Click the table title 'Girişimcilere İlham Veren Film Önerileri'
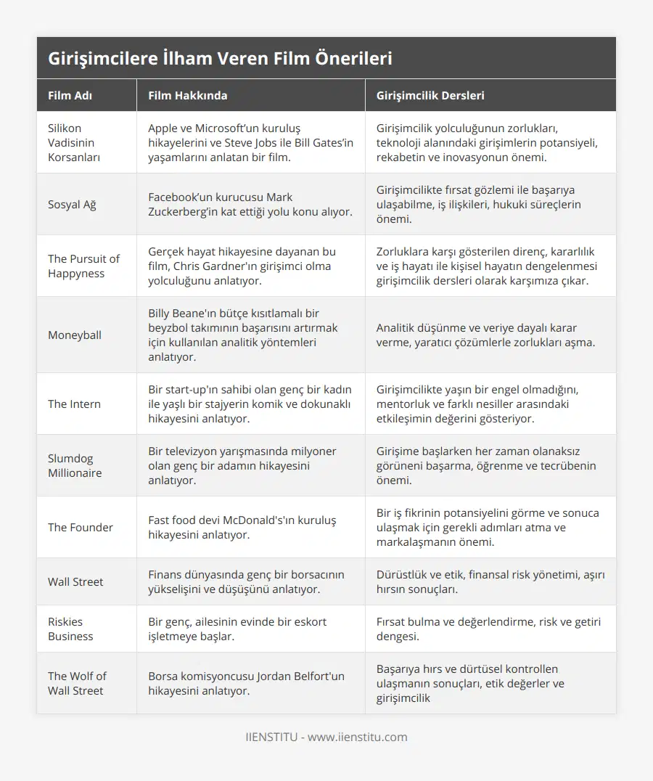[220, 59]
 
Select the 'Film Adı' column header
[70, 95]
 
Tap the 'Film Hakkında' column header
[187, 95]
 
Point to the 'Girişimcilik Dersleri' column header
[430, 95]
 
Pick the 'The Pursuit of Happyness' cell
[83, 266]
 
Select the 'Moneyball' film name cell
[75, 335]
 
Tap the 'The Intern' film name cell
[74, 404]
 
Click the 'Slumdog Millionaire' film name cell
[75, 465]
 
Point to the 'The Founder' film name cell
[80, 527]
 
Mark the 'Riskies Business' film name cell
[70, 629]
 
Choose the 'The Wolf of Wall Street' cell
[77, 683]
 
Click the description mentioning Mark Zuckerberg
[250, 204]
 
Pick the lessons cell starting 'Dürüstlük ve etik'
[490, 581]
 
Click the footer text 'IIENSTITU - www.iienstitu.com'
[326, 737]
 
